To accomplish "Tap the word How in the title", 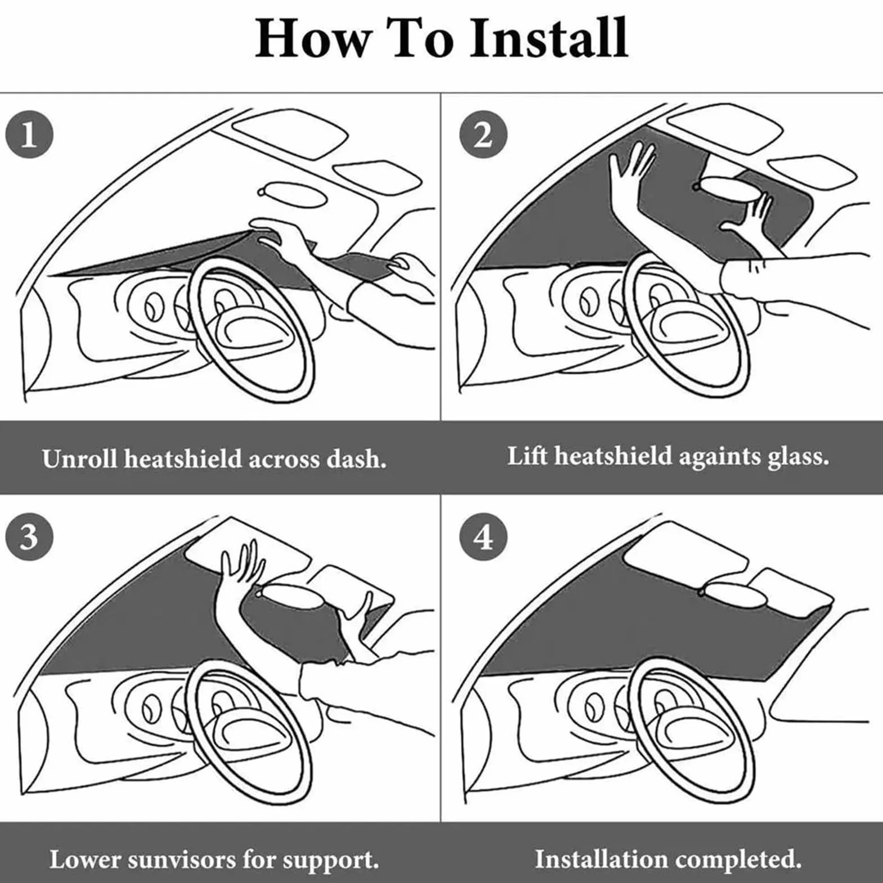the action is point(313,38).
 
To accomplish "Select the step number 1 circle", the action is point(29,135).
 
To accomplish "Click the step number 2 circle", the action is point(483,135).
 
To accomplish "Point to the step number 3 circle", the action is point(29,536).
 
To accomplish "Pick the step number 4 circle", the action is point(483,536).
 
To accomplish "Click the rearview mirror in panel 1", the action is point(293,193).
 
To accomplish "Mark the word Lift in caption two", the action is point(527,455).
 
